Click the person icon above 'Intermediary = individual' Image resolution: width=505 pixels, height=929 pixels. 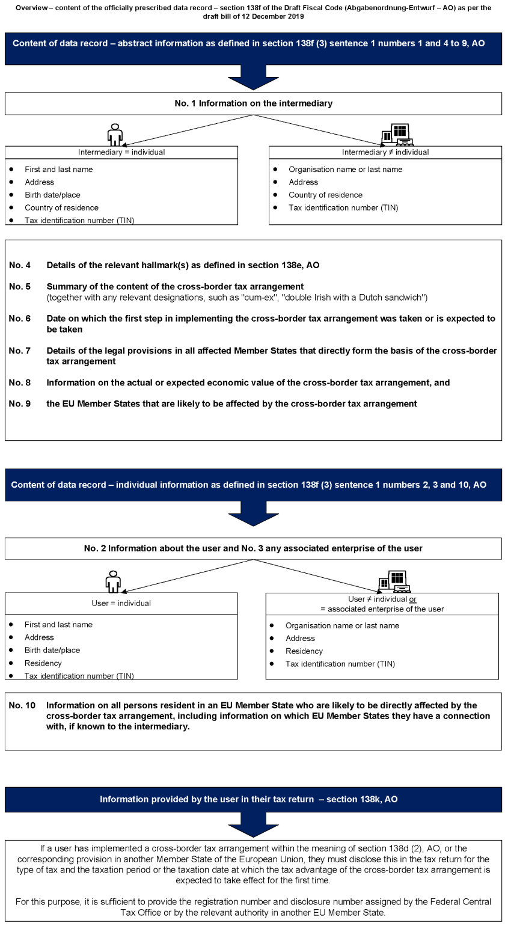click(x=114, y=135)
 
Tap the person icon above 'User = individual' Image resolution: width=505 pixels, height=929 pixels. click(x=113, y=581)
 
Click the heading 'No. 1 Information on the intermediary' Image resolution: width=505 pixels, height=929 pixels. click(x=253, y=103)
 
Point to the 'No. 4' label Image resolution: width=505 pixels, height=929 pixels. click(x=20, y=265)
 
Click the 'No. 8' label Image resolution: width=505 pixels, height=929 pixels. click(x=20, y=383)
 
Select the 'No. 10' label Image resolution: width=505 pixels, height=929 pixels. click(x=22, y=705)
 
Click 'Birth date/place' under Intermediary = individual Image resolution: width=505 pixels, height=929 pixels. click(x=52, y=195)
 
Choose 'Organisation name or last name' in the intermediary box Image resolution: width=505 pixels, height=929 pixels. click(x=345, y=170)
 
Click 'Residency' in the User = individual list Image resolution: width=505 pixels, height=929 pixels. click(x=43, y=663)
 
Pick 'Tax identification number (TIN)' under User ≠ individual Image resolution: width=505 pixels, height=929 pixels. click(x=340, y=664)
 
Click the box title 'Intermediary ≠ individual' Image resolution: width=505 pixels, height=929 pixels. click(x=385, y=152)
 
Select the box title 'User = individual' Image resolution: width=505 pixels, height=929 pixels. click(x=121, y=603)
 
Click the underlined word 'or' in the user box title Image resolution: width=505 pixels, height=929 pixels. click(x=413, y=599)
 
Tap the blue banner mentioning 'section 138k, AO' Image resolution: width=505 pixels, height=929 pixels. click(x=253, y=800)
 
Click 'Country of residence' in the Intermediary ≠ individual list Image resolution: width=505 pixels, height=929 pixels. click(x=325, y=195)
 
